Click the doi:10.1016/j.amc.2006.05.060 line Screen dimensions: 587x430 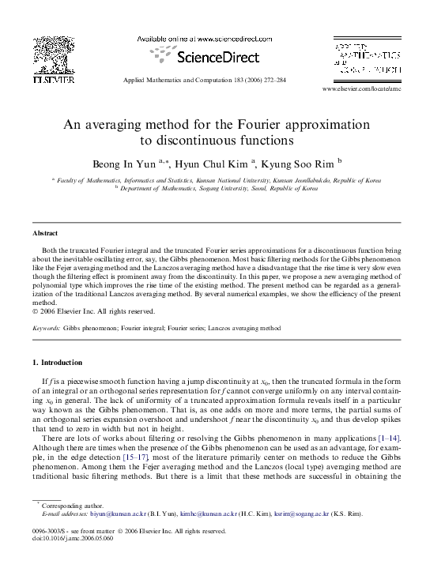click(74, 539)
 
